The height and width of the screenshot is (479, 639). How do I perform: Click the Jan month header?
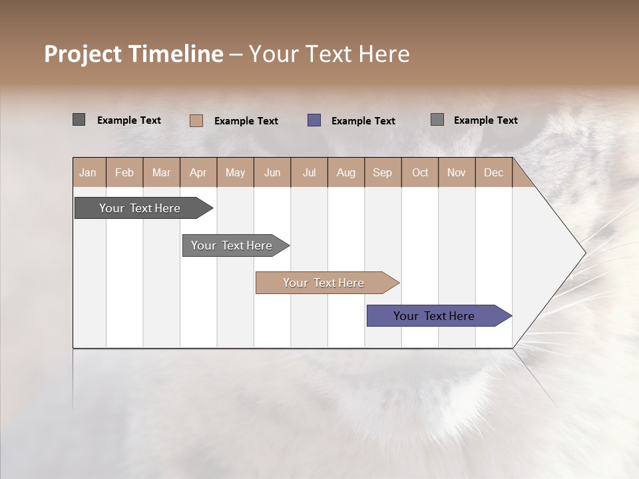point(88,172)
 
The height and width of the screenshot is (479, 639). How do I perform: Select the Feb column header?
point(124,172)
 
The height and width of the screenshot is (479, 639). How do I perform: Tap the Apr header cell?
point(198,172)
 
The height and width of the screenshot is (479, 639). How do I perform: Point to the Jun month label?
point(272,172)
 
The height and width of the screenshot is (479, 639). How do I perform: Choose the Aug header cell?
point(345,172)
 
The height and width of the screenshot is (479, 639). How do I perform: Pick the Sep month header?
point(382,172)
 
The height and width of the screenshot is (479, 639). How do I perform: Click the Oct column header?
point(420,172)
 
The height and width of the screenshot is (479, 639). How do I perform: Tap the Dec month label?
point(493,172)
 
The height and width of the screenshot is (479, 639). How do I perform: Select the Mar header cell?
point(161,172)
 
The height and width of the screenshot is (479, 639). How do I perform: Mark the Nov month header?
point(456,172)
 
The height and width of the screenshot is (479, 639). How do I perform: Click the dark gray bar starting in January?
point(140,208)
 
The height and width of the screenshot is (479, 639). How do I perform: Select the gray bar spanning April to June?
point(232,245)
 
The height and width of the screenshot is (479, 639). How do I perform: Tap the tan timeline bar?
point(323,283)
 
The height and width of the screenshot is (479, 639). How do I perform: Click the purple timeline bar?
point(434,316)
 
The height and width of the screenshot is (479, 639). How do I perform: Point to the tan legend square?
point(196,120)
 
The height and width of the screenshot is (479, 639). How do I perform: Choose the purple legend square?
point(314,120)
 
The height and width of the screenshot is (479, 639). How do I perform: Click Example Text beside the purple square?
point(363,121)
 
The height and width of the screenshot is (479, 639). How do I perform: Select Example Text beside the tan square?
point(246,121)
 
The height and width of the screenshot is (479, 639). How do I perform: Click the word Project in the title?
point(84,55)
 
